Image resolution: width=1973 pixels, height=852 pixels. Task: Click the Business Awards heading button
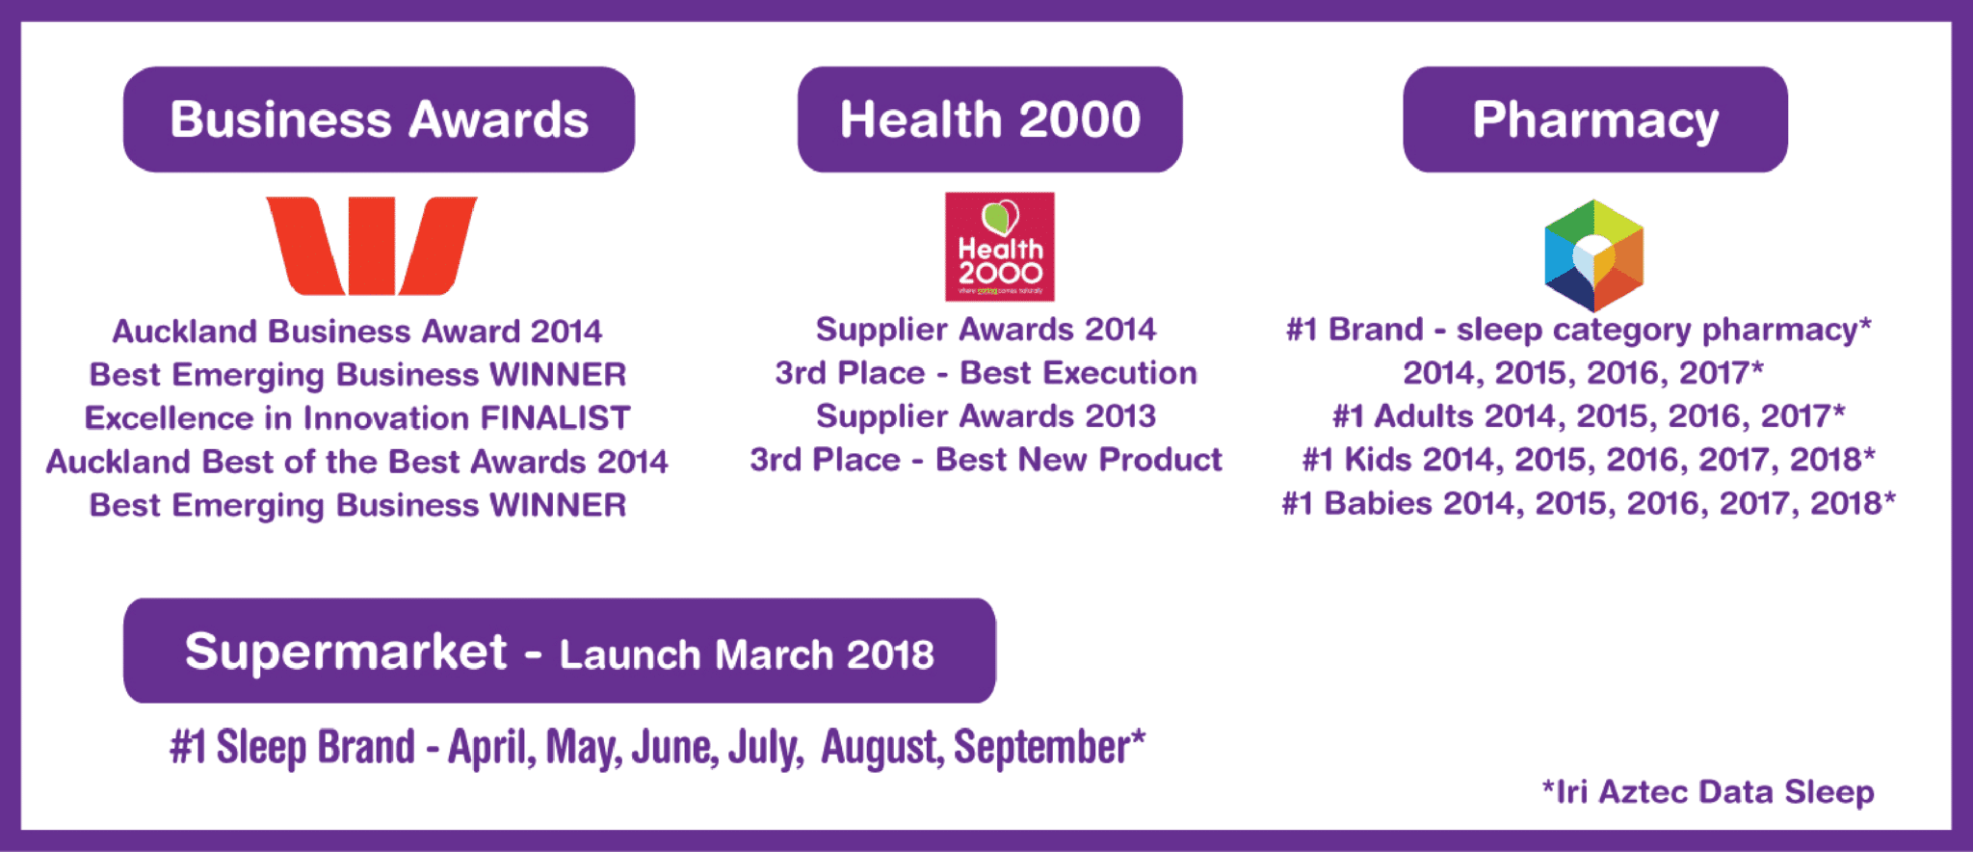(379, 120)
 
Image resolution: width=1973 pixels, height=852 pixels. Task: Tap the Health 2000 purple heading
(989, 120)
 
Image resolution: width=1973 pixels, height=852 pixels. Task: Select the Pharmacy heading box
(1595, 120)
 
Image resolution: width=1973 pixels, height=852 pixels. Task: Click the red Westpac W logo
(371, 246)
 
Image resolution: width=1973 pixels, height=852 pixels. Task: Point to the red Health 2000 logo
(999, 247)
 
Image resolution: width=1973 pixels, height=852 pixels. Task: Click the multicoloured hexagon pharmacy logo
(1594, 255)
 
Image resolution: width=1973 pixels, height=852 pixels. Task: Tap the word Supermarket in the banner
(346, 652)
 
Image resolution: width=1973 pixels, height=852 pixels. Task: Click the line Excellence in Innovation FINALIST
(357, 418)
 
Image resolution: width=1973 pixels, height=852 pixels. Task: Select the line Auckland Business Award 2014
(357, 332)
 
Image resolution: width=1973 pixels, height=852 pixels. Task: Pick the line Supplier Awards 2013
(986, 416)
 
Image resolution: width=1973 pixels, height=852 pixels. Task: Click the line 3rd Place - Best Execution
(986, 373)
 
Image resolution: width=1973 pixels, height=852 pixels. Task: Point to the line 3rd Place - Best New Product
(986, 460)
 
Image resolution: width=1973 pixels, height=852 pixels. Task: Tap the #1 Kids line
(1589, 460)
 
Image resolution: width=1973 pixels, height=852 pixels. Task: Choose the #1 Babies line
(1589, 503)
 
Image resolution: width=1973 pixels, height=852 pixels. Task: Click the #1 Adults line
(1589, 416)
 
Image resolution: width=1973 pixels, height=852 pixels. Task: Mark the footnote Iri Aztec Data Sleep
(1708, 791)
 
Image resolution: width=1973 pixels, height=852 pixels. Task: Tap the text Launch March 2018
(747, 655)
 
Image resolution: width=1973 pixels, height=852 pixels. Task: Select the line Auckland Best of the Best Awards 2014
(357, 462)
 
